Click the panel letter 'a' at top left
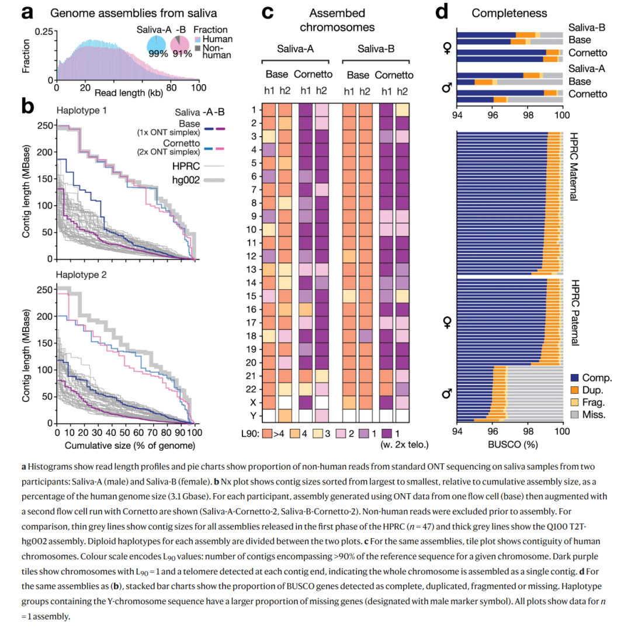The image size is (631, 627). [28, 12]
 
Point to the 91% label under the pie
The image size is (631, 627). [182, 54]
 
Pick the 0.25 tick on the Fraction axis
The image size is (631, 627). [42, 32]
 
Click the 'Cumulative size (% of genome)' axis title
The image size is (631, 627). [125, 445]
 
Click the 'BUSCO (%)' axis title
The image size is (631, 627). [509, 445]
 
